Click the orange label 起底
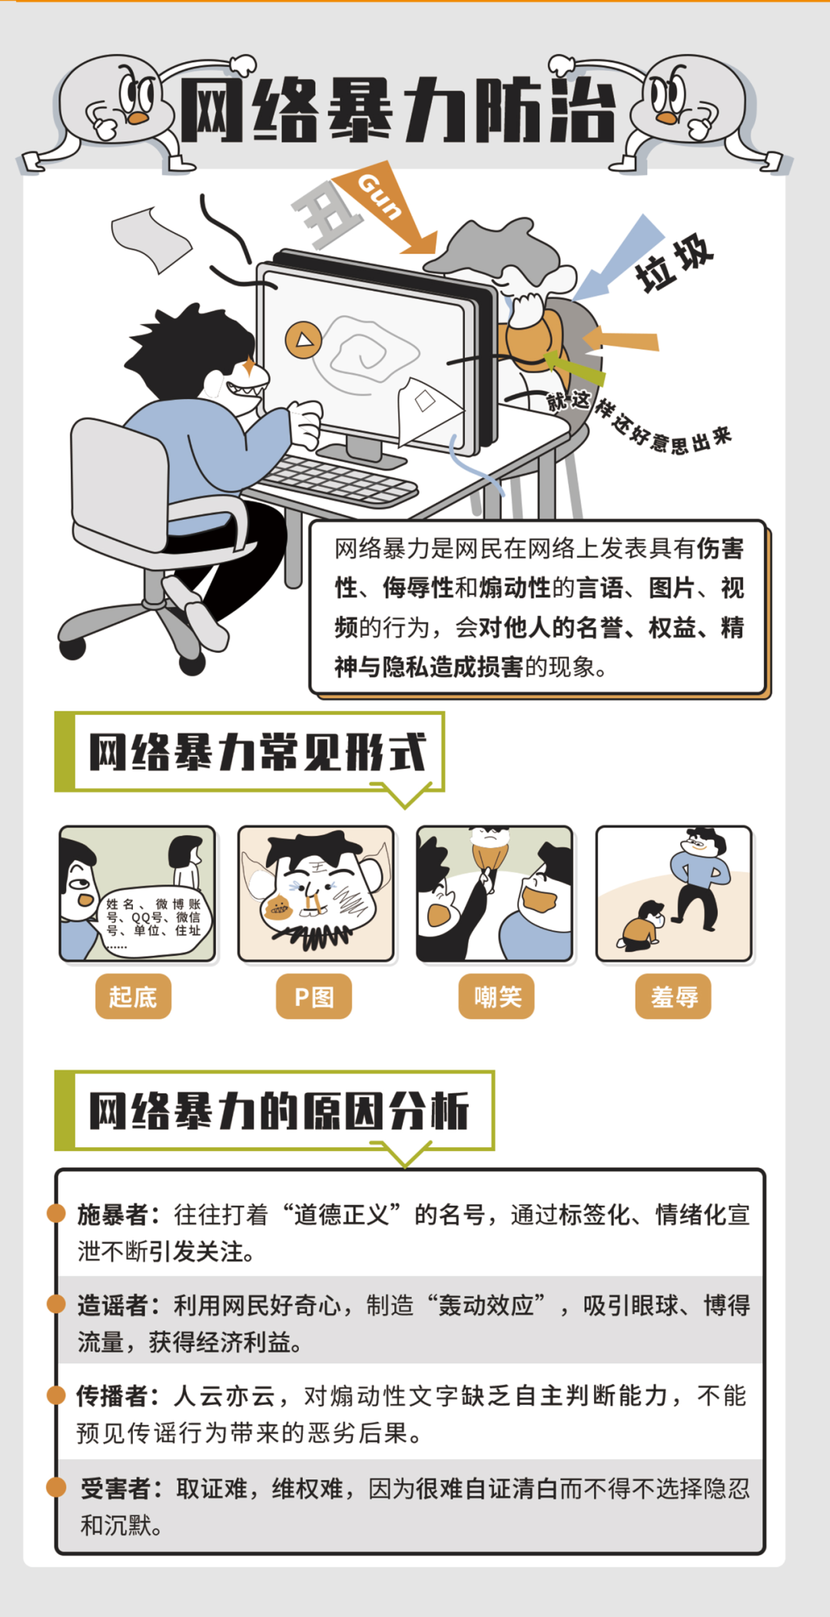tap(133, 996)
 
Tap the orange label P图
tap(314, 996)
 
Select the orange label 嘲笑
tap(496, 996)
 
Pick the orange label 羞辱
tap(673, 996)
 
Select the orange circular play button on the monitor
tap(304, 340)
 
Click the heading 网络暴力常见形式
tap(257, 751)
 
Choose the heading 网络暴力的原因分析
tap(279, 1110)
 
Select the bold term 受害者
tap(116, 1489)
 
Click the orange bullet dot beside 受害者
tap(56, 1487)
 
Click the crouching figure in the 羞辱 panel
tap(642, 926)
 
